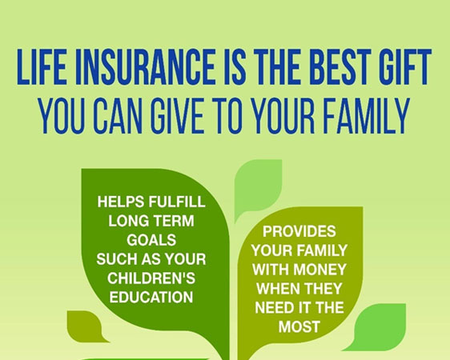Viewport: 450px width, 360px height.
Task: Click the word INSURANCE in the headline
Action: point(146,66)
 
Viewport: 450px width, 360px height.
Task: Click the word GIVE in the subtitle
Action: point(178,116)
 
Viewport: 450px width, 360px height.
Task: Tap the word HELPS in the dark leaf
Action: point(121,202)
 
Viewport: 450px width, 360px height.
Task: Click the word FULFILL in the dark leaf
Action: point(177,202)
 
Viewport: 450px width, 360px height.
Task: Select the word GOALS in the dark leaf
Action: point(151,240)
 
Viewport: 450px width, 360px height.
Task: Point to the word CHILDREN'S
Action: point(151,278)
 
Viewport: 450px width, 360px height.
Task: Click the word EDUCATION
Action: point(151,298)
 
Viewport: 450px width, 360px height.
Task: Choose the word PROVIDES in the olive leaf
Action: point(299,231)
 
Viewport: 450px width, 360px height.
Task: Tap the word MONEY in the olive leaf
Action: point(320,270)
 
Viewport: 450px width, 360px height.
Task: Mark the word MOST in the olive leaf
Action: point(299,326)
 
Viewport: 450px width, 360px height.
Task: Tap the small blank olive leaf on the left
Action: point(86,326)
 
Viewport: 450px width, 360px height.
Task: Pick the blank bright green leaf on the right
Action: point(379,326)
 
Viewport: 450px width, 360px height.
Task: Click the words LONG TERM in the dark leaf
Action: point(151,221)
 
